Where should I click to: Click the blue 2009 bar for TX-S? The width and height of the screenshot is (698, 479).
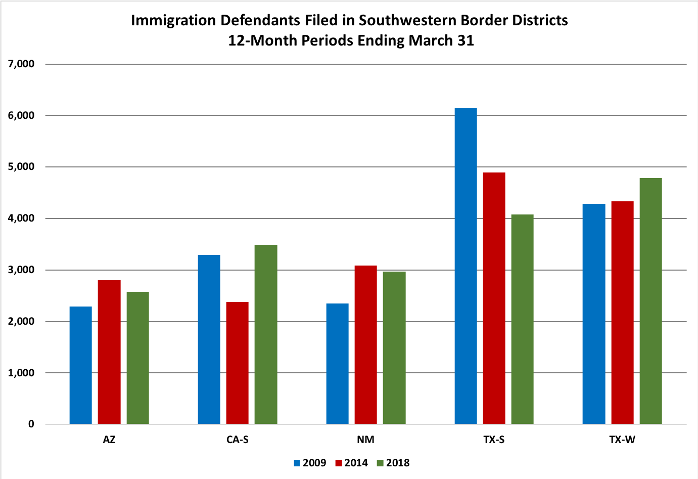click(466, 266)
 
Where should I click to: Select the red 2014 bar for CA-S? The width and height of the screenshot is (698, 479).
click(238, 363)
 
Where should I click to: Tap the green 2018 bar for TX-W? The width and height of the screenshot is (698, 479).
click(650, 301)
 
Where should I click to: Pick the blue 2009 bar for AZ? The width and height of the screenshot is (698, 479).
click(81, 365)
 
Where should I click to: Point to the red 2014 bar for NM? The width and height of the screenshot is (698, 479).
click(366, 344)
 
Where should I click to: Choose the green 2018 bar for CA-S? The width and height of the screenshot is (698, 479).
click(266, 334)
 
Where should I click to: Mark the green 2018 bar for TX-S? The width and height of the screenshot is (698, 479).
click(522, 319)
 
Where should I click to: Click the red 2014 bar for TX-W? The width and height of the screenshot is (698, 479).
click(622, 313)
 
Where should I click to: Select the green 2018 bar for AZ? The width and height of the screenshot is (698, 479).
click(138, 358)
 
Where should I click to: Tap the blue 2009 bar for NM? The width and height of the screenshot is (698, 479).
click(337, 364)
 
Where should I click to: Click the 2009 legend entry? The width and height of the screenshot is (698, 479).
click(310, 463)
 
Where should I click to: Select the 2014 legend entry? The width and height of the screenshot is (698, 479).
click(352, 463)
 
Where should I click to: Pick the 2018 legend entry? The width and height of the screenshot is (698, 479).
click(393, 463)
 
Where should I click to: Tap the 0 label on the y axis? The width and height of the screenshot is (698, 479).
click(31, 424)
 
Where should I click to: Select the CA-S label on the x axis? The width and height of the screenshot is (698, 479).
click(238, 440)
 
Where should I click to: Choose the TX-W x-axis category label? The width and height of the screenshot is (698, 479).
click(622, 440)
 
